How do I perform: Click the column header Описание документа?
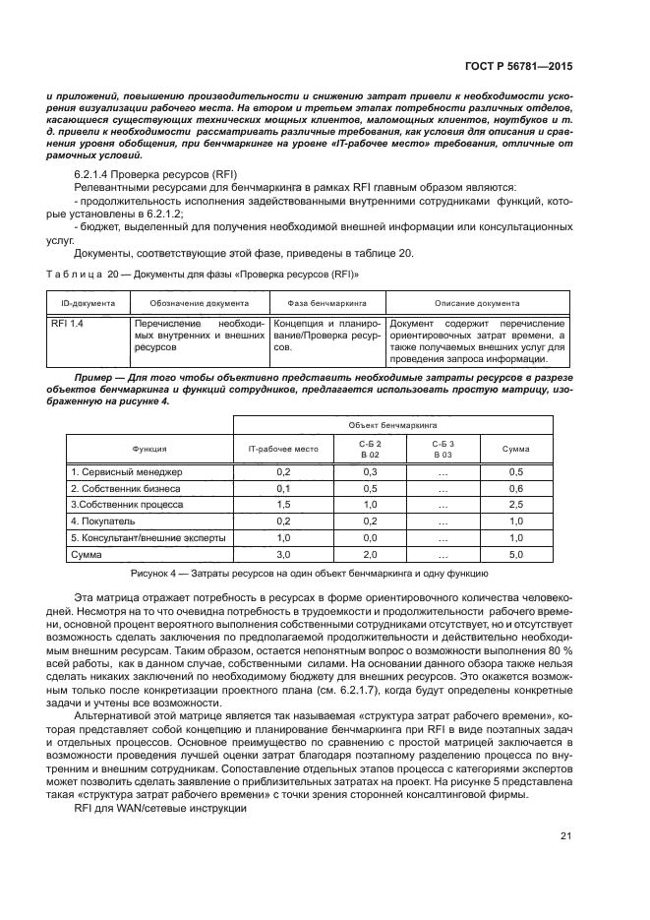pos(479,303)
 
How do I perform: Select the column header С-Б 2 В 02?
pos(371,449)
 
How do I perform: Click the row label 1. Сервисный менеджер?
pos(127,473)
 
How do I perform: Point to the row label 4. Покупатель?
pos(102,521)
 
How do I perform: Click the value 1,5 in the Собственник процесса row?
pos(282,505)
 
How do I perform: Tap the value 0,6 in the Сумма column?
pos(515,489)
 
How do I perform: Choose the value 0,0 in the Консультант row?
pos(371,538)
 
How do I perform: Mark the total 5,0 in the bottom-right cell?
pos(515,555)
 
